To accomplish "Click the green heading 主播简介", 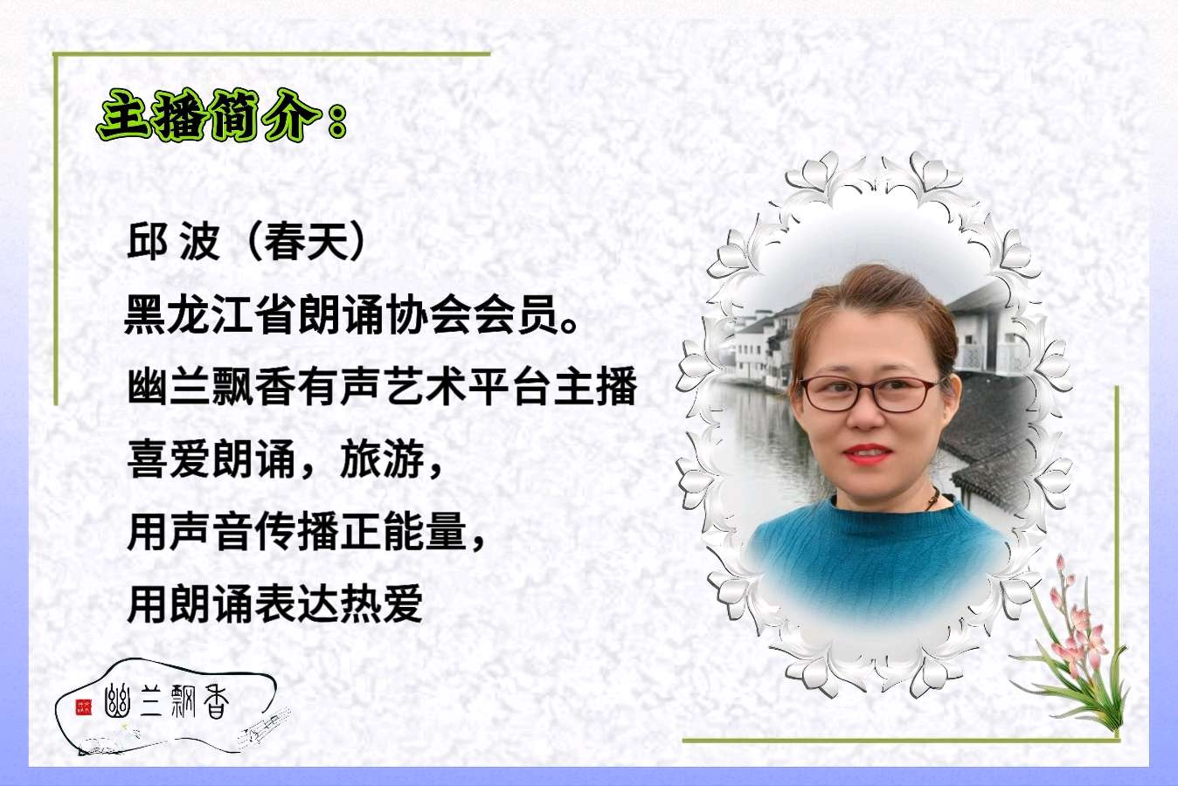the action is tap(210, 115).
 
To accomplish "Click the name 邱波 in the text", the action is tap(174, 241).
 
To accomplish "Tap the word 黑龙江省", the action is tap(209, 314).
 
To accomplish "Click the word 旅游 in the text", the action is tap(382, 458).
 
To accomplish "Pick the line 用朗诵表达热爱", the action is tap(275, 603).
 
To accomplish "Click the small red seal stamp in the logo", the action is tap(83, 707).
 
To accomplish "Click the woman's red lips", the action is tap(868, 454).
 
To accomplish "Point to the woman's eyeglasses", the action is tap(868, 393).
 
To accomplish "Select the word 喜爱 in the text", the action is tap(169, 458).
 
